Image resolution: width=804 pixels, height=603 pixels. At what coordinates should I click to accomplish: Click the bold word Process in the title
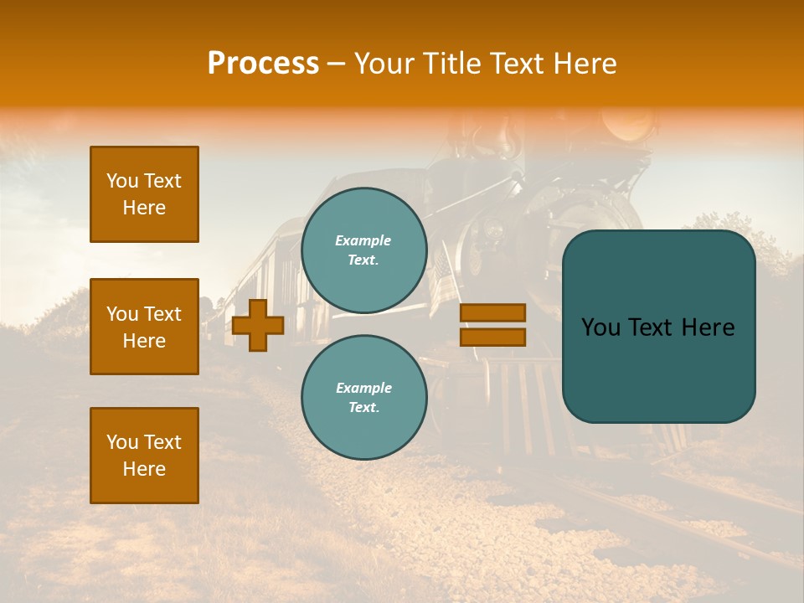coord(263,64)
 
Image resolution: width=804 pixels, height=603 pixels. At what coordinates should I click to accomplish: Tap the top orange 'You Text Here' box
coord(144,194)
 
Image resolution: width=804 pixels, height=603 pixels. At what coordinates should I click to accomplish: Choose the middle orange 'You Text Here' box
coord(144,327)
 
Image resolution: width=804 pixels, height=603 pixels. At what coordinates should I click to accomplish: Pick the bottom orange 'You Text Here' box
coord(144,456)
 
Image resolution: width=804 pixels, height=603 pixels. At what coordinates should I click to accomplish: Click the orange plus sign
coord(258,325)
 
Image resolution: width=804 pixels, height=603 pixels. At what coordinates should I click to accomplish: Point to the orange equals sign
coord(492,325)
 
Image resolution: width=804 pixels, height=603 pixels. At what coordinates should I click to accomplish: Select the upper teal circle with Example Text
coord(364,250)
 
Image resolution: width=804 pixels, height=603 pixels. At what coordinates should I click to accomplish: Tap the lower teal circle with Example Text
coord(364,397)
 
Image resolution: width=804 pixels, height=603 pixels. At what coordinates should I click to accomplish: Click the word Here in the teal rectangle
coord(708,327)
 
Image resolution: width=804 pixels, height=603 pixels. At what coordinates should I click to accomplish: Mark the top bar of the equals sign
coord(492,312)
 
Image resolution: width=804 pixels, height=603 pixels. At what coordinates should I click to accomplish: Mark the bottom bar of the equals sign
coord(492,338)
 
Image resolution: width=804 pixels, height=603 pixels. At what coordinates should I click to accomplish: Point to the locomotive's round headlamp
coord(630,124)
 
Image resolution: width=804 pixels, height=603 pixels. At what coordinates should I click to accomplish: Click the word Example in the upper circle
coord(363,240)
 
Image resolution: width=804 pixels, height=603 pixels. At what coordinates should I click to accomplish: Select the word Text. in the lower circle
coord(363,408)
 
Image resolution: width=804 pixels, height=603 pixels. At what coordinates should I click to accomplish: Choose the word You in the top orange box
coord(121,181)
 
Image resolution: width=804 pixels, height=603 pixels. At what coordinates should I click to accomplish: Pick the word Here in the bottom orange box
coord(144,469)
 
